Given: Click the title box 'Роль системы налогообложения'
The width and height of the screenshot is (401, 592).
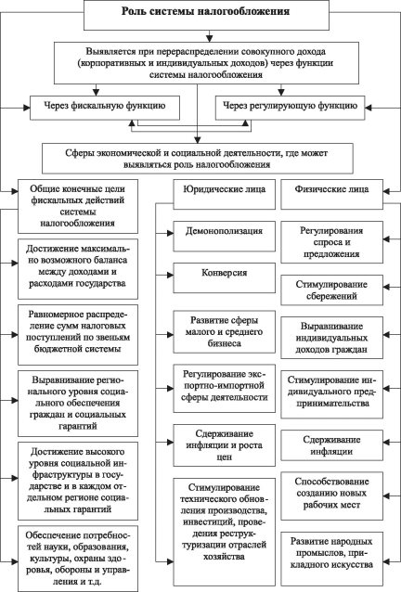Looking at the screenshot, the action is (x=206, y=15).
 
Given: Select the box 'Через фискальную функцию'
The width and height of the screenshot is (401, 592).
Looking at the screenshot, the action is (x=105, y=108).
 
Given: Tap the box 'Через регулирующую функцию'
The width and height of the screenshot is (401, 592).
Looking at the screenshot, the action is (x=290, y=108).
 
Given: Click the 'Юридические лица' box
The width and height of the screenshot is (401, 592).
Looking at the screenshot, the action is (x=225, y=194).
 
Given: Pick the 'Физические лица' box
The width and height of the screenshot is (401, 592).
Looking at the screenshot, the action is (x=332, y=194).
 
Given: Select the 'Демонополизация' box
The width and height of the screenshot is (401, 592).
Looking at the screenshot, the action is (x=225, y=237).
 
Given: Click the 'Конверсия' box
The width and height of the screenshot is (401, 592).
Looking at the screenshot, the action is (x=225, y=277).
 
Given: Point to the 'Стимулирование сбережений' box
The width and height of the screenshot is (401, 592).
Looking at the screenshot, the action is (x=332, y=290).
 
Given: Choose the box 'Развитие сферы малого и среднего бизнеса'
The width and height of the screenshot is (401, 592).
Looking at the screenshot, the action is (x=225, y=332).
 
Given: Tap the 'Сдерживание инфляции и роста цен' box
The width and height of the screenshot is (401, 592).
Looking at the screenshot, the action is (x=225, y=445).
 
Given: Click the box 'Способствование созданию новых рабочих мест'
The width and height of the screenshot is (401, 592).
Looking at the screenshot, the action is (x=332, y=495).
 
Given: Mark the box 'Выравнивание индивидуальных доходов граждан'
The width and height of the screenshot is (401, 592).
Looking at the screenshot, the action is (x=332, y=338).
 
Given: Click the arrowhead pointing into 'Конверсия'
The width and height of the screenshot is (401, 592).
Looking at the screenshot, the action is (x=170, y=276).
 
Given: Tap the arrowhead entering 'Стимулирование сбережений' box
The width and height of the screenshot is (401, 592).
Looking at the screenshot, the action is (x=386, y=287).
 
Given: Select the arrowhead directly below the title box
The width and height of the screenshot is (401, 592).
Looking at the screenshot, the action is (x=209, y=39).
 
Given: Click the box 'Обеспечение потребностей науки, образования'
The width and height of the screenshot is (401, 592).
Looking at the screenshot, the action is (x=78, y=559).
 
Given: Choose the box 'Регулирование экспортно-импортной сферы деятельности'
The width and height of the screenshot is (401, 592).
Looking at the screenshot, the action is (x=225, y=388).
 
